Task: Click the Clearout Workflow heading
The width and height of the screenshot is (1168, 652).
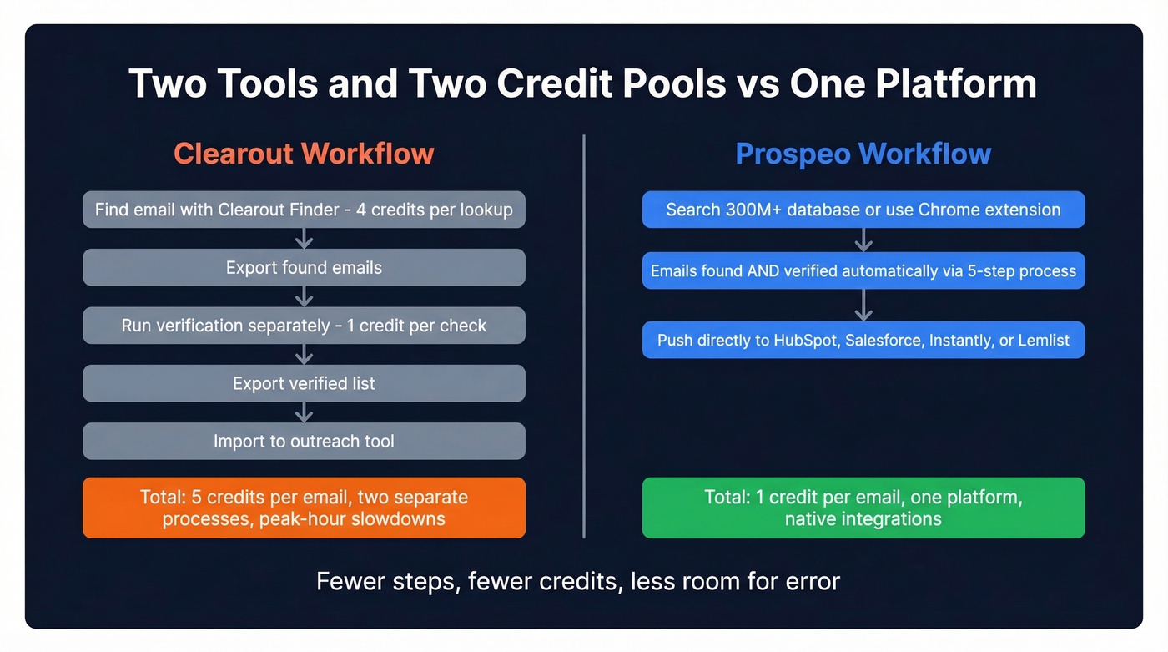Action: (x=304, y=154)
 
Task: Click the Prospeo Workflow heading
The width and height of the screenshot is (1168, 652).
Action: (x=863, y=154)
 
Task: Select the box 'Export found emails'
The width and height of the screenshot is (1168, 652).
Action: (x=304, y=268)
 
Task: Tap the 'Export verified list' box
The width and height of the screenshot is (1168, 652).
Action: (x=304, y=384)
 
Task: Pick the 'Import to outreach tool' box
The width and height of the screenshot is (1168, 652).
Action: (x=304, y=442)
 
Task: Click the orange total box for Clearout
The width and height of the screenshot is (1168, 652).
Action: (x=304, y=508)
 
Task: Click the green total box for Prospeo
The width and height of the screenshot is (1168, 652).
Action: (x=863, y=508)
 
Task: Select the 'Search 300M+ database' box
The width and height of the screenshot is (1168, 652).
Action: (x=863, y=210)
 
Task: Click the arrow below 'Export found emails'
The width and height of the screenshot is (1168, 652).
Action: (x=305, y=296)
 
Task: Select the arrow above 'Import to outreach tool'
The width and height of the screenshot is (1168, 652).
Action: (x=305, y=412)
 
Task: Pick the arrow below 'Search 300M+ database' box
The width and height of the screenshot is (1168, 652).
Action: (x=863, y=240)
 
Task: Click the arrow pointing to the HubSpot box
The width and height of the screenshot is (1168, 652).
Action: (x=863, y=306)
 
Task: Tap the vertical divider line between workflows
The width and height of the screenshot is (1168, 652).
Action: (x=584, y=334)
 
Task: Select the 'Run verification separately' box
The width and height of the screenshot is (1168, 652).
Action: (x=304, y=326)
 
